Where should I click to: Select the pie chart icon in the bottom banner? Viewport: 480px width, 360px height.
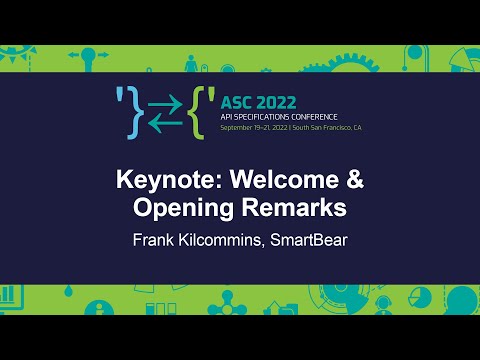[x=420, y=299]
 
